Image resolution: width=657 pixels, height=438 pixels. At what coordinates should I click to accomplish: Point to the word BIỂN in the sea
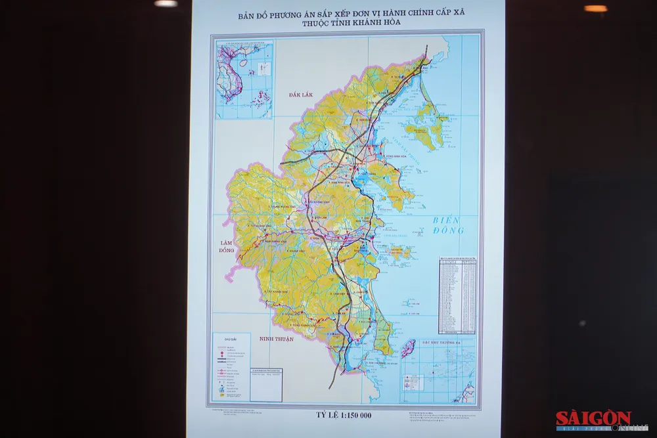447,221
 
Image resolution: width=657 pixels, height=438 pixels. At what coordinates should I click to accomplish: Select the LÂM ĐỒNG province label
227,247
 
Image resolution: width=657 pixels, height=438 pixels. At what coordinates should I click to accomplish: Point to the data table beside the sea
458,294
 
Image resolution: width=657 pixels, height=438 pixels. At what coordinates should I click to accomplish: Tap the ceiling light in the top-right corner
596,9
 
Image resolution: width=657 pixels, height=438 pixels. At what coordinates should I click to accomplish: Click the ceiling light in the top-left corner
166,3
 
